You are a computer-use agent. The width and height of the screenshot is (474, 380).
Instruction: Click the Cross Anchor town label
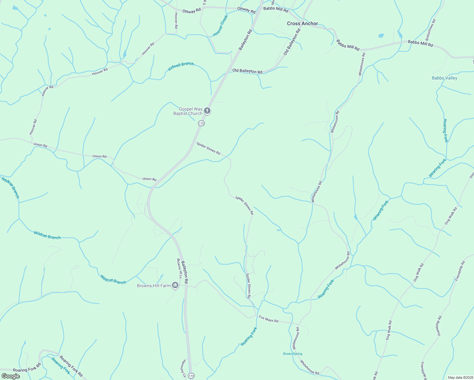pos(302,23)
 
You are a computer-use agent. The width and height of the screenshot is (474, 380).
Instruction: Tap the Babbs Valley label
pos(444,78)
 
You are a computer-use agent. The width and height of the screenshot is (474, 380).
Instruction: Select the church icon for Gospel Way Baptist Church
pos(207,111)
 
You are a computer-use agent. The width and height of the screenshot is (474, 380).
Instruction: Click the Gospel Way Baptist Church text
pos(188,111)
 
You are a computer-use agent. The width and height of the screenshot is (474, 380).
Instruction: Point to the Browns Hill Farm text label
pos(154,286)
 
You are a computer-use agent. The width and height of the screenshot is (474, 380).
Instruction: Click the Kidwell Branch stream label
pos(181,66)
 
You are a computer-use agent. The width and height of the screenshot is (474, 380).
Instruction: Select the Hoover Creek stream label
pos(221,26)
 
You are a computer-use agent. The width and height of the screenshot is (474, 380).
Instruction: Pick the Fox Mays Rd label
pos(268,319)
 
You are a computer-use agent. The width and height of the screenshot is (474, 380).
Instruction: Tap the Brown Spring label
pos(292,354)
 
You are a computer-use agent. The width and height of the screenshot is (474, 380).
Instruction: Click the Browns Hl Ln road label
pos(179,269)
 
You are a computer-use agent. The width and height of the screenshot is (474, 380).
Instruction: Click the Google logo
pos(10,376)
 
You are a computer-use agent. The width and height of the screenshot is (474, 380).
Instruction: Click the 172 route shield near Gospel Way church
pos(201,123)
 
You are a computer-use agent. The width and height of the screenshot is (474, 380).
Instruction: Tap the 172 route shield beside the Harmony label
pos(191,376)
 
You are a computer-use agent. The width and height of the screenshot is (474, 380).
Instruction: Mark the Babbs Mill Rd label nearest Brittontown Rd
pos(420,43)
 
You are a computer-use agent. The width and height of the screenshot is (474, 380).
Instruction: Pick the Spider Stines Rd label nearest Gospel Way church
pos(208,148)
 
